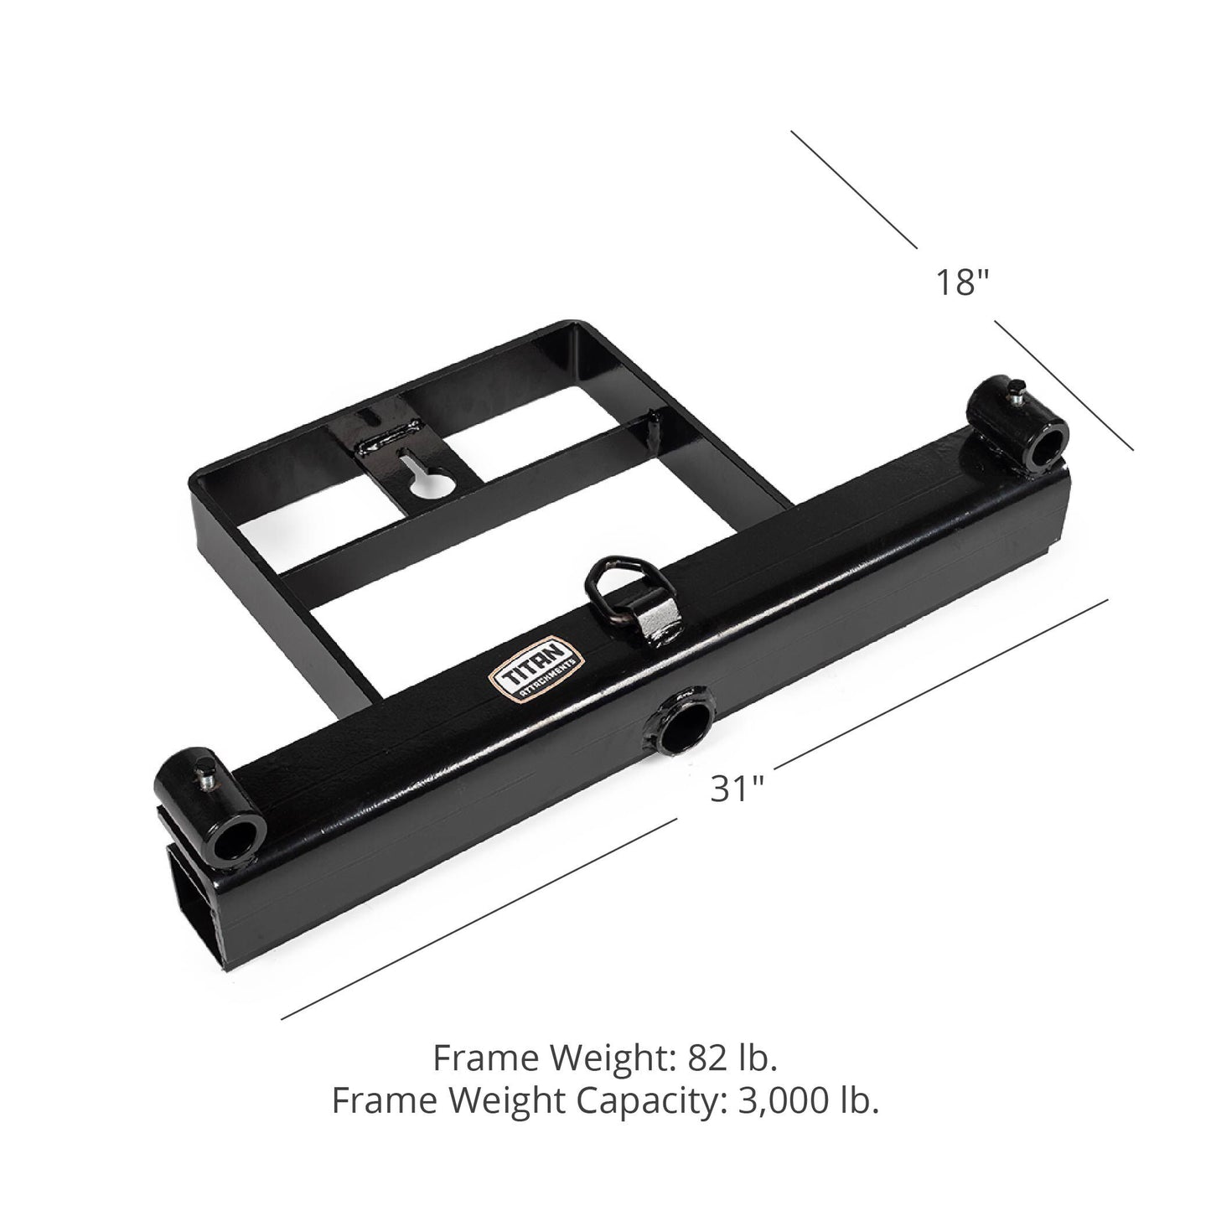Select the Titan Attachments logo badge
534,663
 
